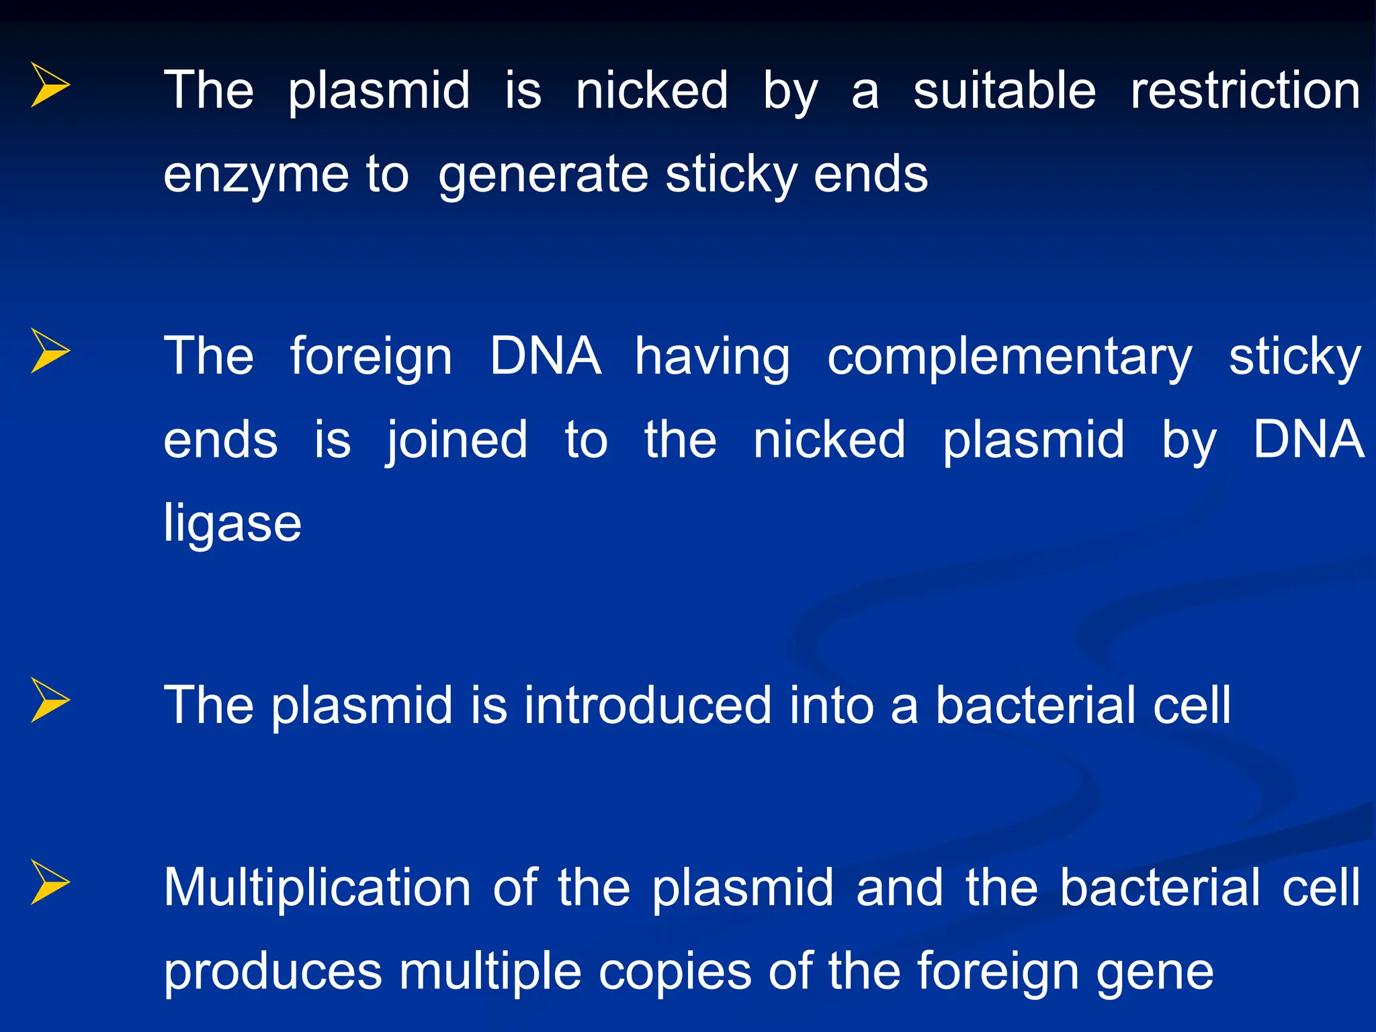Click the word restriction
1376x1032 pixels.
[1245, 91]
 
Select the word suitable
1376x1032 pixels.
[1004, 91]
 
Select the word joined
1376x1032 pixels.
[457, 441]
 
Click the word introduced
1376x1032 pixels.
[648, 705]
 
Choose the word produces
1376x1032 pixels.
[273, 972]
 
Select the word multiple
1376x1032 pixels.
[490, 972]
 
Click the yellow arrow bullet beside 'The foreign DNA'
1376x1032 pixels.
[50, 351]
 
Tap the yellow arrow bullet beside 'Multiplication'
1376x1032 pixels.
[50, 882]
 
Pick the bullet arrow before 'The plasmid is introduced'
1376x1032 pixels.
[50, 700]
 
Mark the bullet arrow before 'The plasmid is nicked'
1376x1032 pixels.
[50, 85]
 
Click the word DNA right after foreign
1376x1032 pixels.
[545, 356]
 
